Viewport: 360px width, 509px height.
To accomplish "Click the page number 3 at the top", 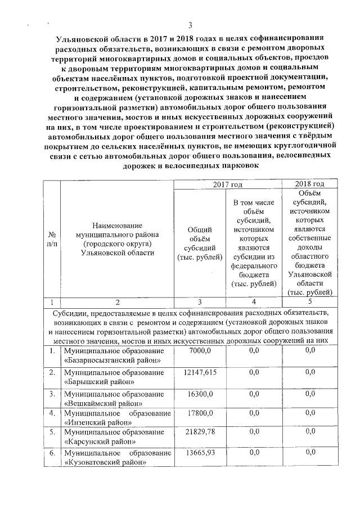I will point(190,25).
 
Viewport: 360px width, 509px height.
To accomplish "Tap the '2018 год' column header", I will point(309,184).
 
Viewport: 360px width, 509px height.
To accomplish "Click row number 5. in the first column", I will point(52,433).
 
